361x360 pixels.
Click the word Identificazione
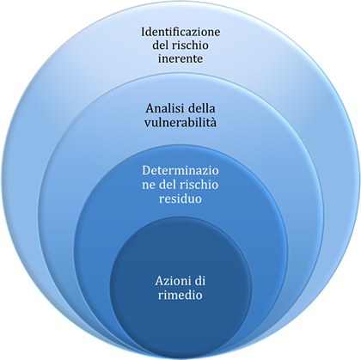pyautogui.click(x=180, y=32)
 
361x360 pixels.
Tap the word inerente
pyautogui.click(x=180, y=58)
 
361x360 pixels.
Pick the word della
pyautogui.click(x=201, y=108)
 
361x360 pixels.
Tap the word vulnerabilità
pyautogui.click(x=180, y=123)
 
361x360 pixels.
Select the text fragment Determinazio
pyautogui.click(x=180, y=170)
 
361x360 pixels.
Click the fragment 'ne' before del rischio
pyautogui.click(x=149, y=185)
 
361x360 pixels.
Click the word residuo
pyautogui.click(x=180, y=198)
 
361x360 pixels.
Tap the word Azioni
pyautogui.click(x=171, y=281)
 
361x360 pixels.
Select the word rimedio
pyautogui.click(x=180, y=295)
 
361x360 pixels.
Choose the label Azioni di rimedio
pyautogui.click(x=180, y=288)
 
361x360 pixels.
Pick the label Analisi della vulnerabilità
pyautogui.click(x=180, y=115)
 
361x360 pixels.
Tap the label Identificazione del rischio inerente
pyautogui.click(x=180, y=45)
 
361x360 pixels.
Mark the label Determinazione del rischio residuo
pyautogui.click(x=180, y=185)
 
